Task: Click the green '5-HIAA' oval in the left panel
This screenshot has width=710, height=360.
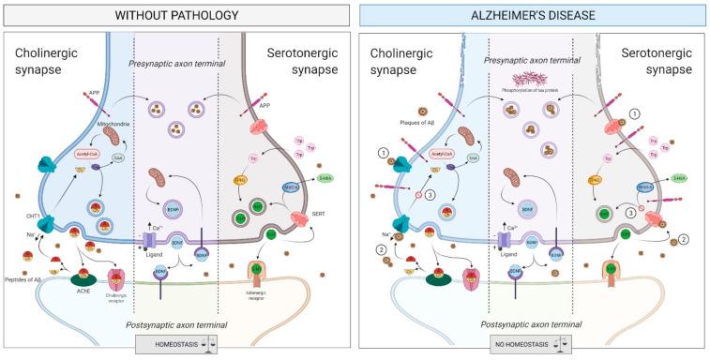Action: click(x=326, y=178)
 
